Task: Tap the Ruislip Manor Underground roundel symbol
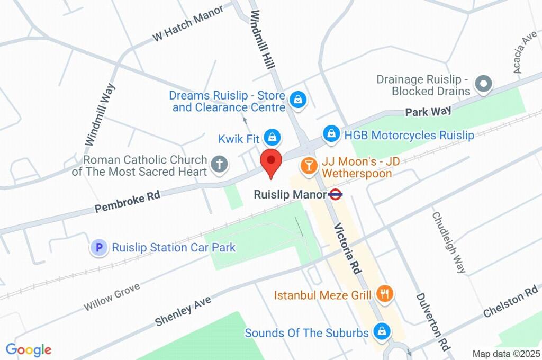click(336, 194)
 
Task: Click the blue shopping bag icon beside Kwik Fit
click(272, 138)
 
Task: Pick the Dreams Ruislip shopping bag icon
click(299, 99)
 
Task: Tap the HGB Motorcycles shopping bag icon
click(331, 133)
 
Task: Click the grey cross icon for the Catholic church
click(219, 164)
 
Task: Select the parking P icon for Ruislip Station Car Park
click(98, 247)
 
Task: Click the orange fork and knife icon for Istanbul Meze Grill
click(384, 293)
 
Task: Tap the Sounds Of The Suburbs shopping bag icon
click(381, 331)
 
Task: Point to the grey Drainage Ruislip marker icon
click(483, 84)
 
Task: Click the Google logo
click(29, 349)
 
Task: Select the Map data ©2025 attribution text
click(505, 354)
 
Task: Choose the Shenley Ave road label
click(183, 311)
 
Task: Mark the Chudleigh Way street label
click(449, 242)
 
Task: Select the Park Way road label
click(428, 111)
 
